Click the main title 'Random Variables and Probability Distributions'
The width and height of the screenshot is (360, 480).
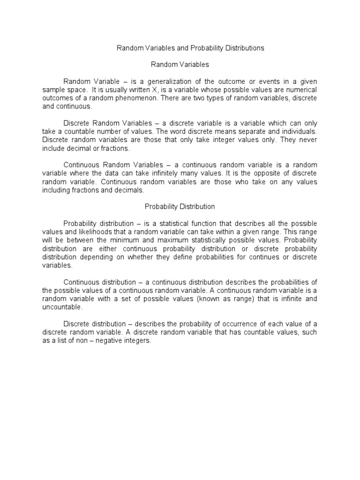click(x=190, y=48)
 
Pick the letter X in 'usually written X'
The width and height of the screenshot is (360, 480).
click(x=150, y=90)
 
